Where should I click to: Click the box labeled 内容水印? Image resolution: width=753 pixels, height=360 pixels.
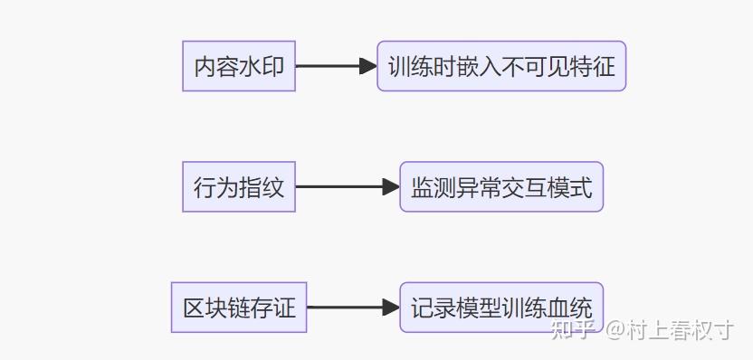point(239,66)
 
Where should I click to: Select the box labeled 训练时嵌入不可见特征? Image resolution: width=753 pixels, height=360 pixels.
point(501,66)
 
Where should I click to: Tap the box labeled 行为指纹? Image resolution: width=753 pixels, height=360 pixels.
point(239,187)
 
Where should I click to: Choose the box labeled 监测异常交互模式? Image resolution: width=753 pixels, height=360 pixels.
point(501,187)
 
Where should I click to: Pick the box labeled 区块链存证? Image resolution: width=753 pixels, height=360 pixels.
point(239,308)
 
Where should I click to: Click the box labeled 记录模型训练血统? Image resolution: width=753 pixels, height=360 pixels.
point(501,308)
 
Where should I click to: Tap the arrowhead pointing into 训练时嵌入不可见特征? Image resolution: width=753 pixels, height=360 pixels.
point(368,66)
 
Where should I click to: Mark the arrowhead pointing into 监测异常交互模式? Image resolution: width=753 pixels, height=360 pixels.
point(391,187)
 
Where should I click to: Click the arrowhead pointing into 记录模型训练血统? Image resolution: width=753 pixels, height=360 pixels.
point(391,308)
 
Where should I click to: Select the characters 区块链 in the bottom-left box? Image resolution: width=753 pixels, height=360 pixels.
point(217,308)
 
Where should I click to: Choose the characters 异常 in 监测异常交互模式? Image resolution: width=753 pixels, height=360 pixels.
point(479,187)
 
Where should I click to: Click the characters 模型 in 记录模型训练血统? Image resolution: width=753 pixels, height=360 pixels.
point(479,308)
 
